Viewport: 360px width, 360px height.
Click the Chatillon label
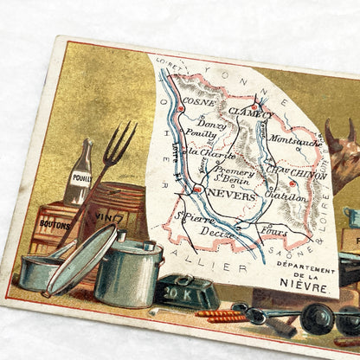tap(289, 198)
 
